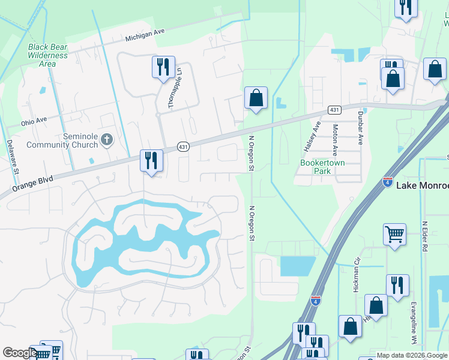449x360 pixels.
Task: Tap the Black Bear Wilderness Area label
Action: click(x=47, y=55)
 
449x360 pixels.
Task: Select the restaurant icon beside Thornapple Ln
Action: click(x=163, y=67)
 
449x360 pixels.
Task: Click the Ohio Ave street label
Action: click(x=34, y=121)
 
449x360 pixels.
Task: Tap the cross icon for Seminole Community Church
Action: click(x=107, y=140)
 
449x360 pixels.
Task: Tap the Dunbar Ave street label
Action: click(x=360, y=128)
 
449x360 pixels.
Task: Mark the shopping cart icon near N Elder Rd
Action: click(x=394, y=235)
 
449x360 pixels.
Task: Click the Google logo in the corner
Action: click(x=19, y=353)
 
